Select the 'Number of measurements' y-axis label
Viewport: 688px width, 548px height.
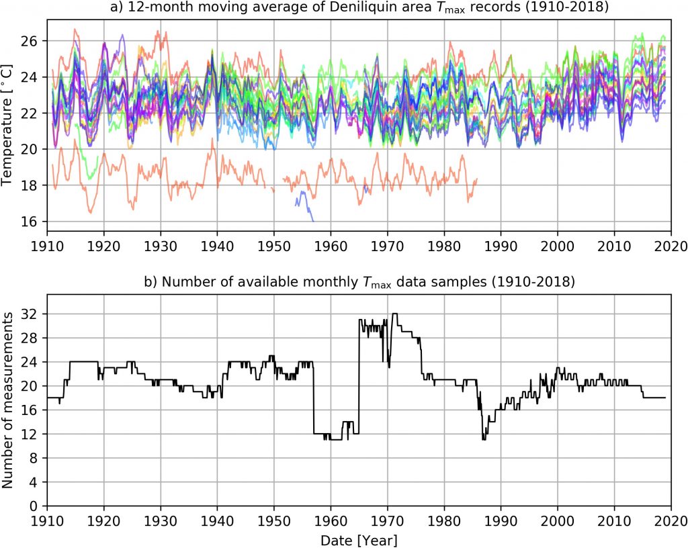[x=9, y=409]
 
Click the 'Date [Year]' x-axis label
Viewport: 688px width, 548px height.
[x=359, y=539]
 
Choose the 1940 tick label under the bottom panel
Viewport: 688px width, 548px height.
[x=217, y=521]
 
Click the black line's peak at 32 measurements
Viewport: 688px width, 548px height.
[x=395, y=314]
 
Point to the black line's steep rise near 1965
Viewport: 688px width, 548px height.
[x=359, y=376]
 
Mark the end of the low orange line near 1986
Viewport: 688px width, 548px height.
[x=476, y=179]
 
